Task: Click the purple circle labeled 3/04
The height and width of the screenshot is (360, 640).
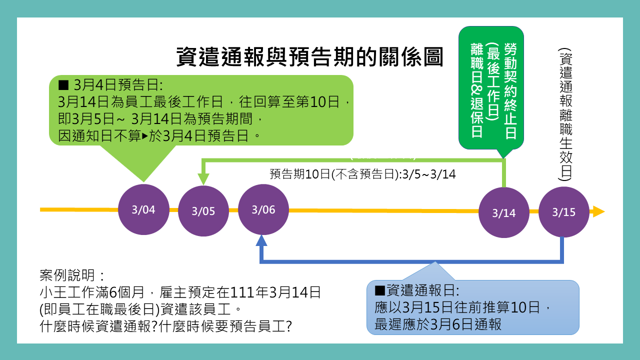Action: tap(143, 209)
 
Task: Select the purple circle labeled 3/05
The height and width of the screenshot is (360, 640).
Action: tap(203, 211)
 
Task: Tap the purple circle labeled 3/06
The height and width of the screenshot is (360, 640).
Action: tap(263, 209)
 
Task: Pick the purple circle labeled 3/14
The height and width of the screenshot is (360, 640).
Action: tap(504, 212)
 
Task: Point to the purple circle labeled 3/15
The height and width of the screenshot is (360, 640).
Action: tap(564, 212)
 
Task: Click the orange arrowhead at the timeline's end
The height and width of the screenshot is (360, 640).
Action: tap(598, 211)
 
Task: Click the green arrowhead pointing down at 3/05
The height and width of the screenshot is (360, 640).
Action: tap(203, 179)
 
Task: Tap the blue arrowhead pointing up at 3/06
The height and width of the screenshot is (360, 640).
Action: tap(261, 241)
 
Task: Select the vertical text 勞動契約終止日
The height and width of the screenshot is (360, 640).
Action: tap(510, 90)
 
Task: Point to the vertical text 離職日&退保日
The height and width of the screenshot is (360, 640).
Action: tap(476, 90)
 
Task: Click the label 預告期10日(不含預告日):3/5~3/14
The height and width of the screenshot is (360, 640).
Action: tap(362, 174)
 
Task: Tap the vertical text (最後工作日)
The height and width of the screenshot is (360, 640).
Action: tap(493, 82)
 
